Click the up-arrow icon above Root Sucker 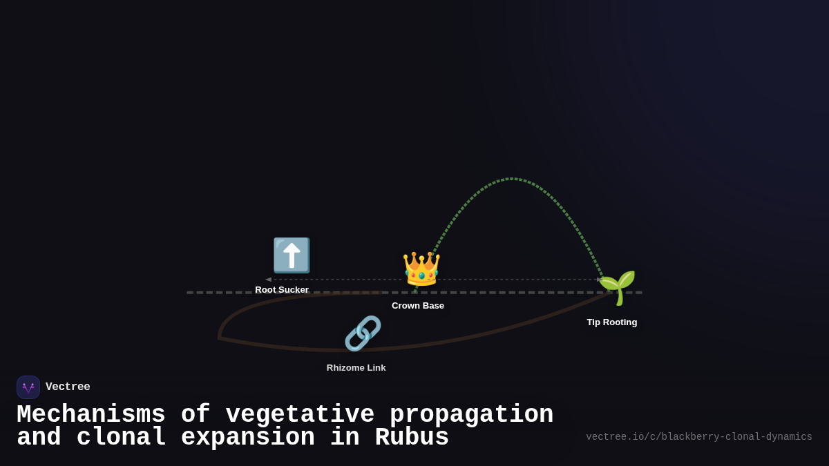tap(292, 255)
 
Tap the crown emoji tap(421, 269)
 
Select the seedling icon tap(617, 287)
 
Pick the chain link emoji tap(363, 333)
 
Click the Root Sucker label tap(282, 290)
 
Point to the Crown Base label tap(418, 306)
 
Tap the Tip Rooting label tap(612, 322)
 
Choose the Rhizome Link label tap(356, 368)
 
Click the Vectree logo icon tap(28, 387)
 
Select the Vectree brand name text tap(68, 387)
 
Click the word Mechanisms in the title tap(90, 415)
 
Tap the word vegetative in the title tap(300, 415)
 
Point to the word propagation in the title tap(471, 415)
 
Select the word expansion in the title tap(247, 438)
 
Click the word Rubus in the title tap(412, 438)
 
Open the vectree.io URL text tap(698, 437)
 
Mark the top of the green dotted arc tap(511, 179)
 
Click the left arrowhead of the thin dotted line tap(268, 280)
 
